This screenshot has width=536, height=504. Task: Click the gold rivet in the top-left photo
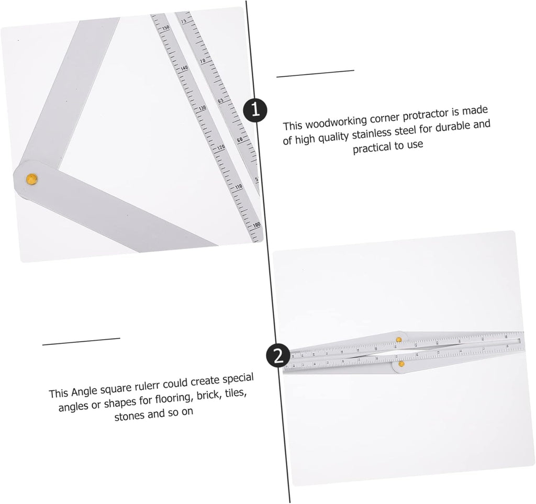[x=32, y=179]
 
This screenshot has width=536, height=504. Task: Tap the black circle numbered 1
[x=255, y=110]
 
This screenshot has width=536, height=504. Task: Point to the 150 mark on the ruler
[x=166, y=28]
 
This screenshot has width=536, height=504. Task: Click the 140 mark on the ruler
[x=184, y=69]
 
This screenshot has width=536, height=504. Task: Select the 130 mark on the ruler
[x=202, y=108]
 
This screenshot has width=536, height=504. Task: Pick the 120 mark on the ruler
[x=220, y=148]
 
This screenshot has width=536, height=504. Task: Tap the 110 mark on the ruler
[x=239, y=187]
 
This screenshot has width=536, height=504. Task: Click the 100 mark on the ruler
[x=256, y=225]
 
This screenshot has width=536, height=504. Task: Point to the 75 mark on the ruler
[x=184, y=21]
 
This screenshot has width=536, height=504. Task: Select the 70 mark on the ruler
[x=202, y=61]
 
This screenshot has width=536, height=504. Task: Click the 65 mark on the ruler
[x=220, y=100]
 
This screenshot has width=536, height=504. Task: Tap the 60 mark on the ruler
[x=239, y=139]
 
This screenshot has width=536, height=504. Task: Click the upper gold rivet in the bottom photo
[x=398, y=339]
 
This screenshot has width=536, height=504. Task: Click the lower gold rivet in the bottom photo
[x=401, y=363]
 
